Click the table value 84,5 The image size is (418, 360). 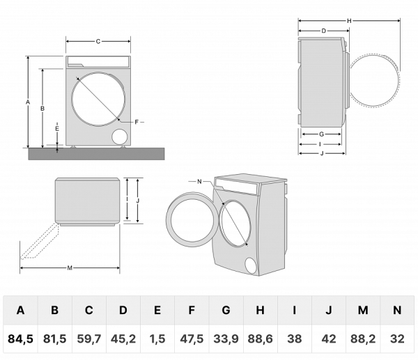[x=21, y=339]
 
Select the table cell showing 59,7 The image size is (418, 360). [x=89, y=339]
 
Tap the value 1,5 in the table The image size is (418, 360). [x=157, y=339]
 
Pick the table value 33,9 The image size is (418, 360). [x=226, y=339]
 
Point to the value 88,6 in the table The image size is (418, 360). [x=261, y=339]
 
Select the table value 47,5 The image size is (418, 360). [x=192, y=339]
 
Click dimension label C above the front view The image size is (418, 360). [x=98, y=42]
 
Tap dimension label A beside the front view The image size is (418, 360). [x=27, y=102]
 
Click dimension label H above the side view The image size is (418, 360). [x=349, y=21]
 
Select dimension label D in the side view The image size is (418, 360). [x=325, y=31]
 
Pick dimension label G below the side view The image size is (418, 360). [x=321, y=134]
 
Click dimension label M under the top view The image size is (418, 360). [x=70, y=267]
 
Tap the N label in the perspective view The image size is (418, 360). [x=199, y=182]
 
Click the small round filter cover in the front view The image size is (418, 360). [x=120, y=135]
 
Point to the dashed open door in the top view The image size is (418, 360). [x=38, y=241]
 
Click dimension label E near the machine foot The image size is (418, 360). [x=56, y=130]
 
